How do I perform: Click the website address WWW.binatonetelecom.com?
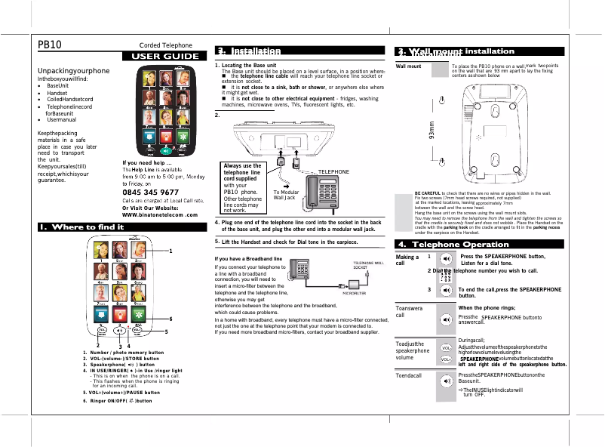click(x=164, y=214)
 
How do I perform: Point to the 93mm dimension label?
click(x=431, y=133)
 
